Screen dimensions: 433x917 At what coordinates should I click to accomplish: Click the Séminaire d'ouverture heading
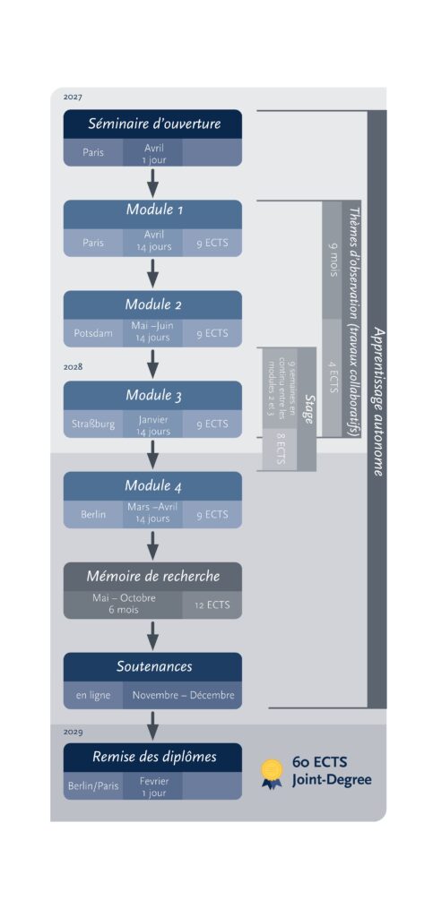pyautogui.click(x=154, y=124)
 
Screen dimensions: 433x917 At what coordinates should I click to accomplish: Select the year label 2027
pyautogui.click(x=74, y=97)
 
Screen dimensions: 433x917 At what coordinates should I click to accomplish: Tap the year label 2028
pyautogui.click(x=74, y=366)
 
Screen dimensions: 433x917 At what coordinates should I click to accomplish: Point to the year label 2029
pyautogui.click(x=74, y=732)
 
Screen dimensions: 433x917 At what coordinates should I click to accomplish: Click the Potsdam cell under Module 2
pyautogui.click(x=93, y=333)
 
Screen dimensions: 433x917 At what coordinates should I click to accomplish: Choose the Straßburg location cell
pyautogui.click(x=93, y=424)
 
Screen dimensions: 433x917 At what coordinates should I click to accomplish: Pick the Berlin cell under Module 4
pyautogui.click(x=93, y=515)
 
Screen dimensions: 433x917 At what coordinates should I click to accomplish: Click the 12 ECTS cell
pyautogui.click(x=212, y=605)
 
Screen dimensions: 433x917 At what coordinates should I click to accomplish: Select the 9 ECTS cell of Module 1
pyautogui.click(x=212, y=243)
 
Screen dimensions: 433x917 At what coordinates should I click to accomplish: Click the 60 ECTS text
pyautogui.click(x=319, y=763)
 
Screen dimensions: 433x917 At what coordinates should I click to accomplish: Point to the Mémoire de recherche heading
pyautogui.click(x=153, y=576)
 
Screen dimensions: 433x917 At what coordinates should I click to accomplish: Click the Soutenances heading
pyautogui.click(x=154, y=666)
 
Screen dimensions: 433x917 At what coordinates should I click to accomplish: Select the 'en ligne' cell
pyautogui.click(x=93, y=695)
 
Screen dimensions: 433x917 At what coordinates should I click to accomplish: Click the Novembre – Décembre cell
pyautogui.click(x=183, y=695)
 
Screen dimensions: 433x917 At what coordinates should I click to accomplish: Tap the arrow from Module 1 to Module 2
pyautogui.click(x=152, y=274)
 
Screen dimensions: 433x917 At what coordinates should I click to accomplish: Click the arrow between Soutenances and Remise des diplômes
pyautogui.click(x=152, y=725)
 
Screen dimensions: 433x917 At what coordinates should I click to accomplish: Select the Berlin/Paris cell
pyautogui.click(x=93, y=786)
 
